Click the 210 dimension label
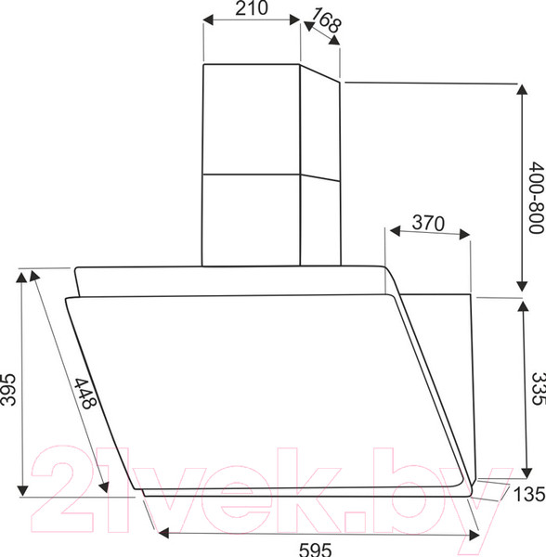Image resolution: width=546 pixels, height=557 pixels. point(252,8)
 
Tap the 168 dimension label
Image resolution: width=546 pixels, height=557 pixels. point(327,19)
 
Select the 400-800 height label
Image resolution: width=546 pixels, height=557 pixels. point(537,198)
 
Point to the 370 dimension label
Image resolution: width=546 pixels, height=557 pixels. point(428,223)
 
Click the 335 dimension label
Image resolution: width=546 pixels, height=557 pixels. point(538,388)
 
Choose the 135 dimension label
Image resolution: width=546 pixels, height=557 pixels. point(529,494)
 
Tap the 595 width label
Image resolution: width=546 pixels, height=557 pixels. point(315,550)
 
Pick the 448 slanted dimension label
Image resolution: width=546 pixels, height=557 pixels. point(85,394)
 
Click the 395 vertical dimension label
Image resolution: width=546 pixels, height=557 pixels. point(8,390)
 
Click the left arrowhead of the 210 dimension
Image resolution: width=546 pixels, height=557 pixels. point(208,19)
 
